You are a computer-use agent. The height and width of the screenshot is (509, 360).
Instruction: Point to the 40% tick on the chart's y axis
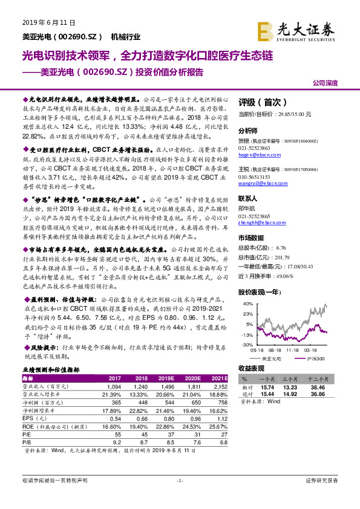(247, 303)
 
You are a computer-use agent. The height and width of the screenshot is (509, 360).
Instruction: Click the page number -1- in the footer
(179, 480)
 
